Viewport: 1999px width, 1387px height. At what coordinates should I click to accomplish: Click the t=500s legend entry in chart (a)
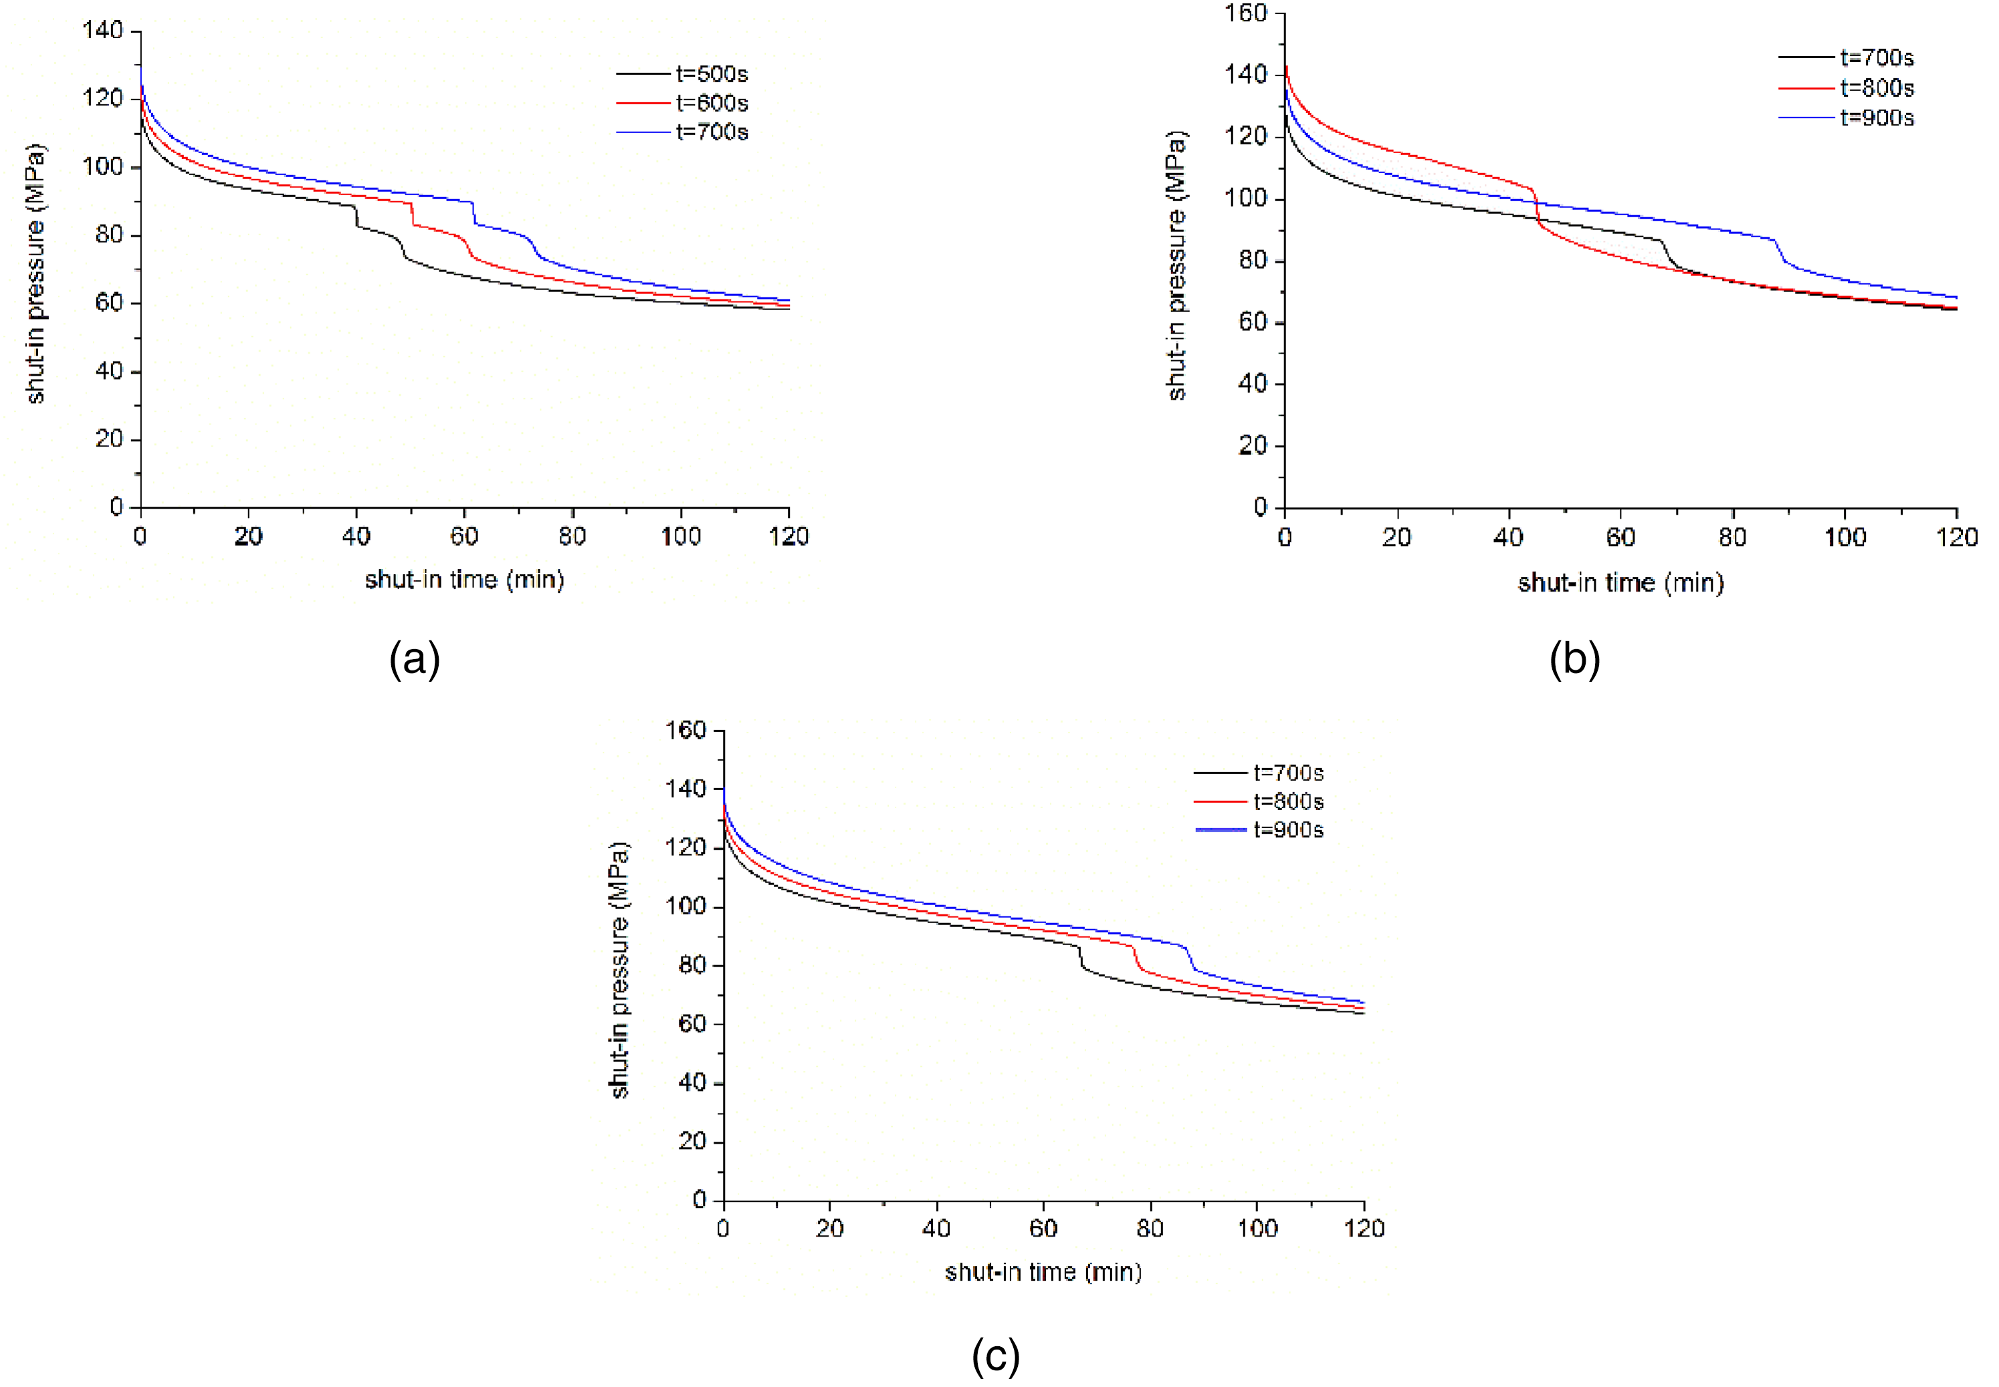tap(683, 74)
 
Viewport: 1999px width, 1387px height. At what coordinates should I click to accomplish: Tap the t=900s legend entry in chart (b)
tap(1847, 118)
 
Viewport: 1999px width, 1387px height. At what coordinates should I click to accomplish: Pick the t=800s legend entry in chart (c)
tap(1260, 801)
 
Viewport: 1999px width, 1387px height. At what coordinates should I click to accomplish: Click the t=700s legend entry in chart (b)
tap(1847, 58)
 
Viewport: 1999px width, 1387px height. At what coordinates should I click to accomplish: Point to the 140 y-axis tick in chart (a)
tap(102, 31)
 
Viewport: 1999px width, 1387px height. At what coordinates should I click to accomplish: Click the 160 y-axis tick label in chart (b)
tap(1246, 13)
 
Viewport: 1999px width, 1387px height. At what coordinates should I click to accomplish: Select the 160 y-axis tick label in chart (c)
tap(686, 730)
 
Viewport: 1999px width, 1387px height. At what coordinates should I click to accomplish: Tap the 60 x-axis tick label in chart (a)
tap(464, 536)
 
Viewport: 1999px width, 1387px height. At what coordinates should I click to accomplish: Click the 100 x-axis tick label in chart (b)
tap(1845, 537)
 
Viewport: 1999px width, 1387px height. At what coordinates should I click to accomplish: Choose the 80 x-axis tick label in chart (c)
tap(1150, 1228)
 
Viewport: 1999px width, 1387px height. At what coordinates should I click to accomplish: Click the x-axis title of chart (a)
tap(464, 580)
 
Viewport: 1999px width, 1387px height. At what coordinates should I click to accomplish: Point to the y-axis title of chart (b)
tap(1176, 266)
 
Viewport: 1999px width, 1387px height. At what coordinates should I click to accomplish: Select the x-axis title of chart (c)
tap(1043, 1272)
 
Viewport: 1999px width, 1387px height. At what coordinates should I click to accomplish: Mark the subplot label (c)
tap(996, 1356)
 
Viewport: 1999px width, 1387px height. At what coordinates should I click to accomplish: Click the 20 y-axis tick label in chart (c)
tap(693, 1142)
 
